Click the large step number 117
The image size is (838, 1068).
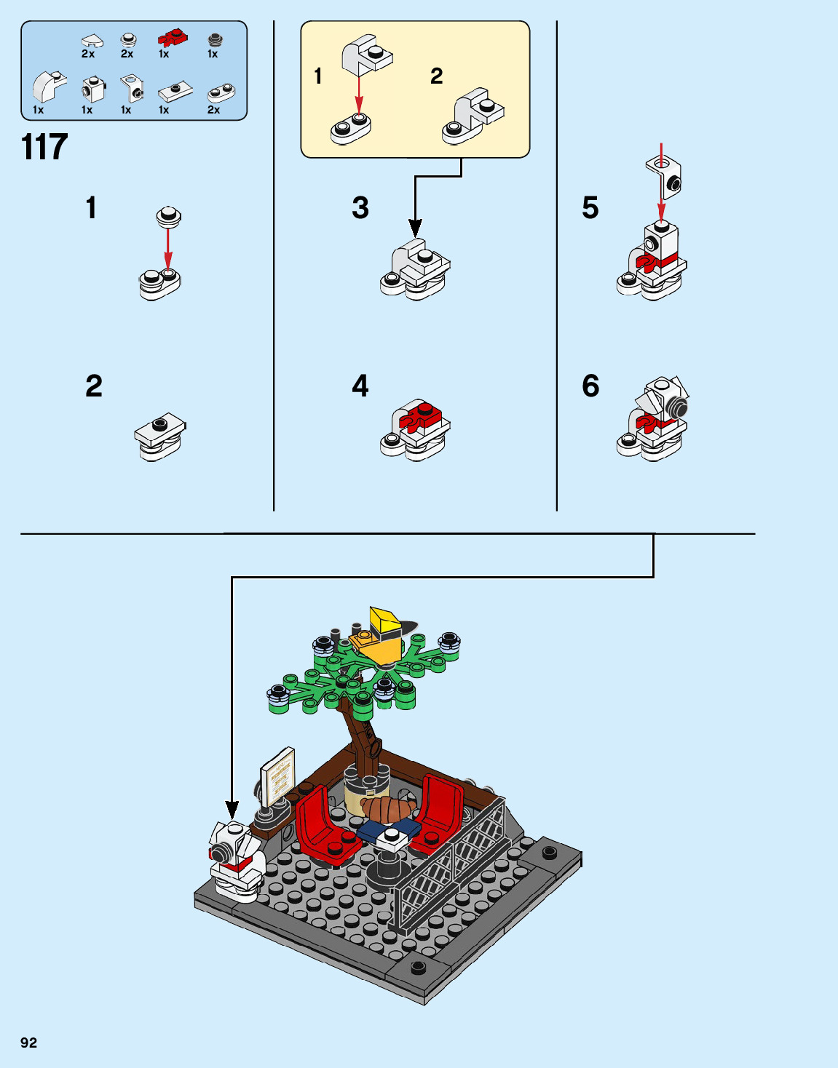pos(44,147)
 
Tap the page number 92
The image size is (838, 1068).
pos(28,1043)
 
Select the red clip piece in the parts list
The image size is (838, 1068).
pos(172,37)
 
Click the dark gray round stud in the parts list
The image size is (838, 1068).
pos(215,39)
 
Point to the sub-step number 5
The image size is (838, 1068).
pos(590,207)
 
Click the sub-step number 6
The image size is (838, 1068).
pos(590,386)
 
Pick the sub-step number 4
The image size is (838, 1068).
pos(360,386)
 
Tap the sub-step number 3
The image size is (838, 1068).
pos(360,207)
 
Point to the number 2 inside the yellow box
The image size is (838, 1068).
pos(436,76)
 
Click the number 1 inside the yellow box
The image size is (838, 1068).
pos(318,76)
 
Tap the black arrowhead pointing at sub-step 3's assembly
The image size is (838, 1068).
pos(415,228)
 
